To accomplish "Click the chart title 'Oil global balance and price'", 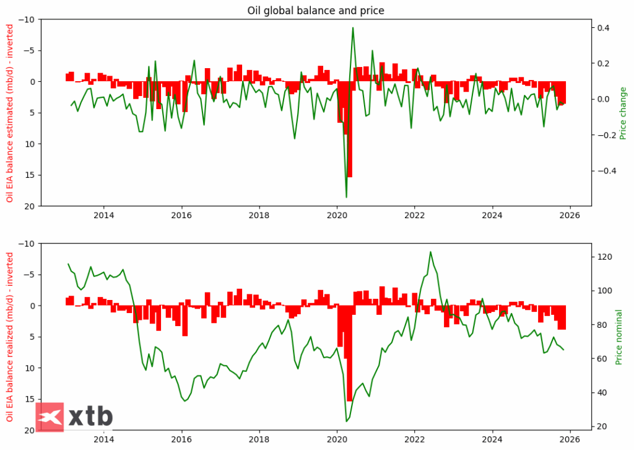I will [x=316, y=10].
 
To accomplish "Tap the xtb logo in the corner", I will [x=74, y=416].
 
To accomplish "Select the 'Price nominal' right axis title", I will [x=619, y=337].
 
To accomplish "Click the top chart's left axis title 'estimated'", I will [x=10, y=113].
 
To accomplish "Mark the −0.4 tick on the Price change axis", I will [x=604, y=170].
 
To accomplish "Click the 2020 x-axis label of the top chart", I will [x=337, y=216].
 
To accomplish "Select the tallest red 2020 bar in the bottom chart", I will [x=350, y=353].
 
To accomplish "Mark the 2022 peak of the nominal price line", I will [x=430, y=252].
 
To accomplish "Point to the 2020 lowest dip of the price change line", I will [x=346, y=197].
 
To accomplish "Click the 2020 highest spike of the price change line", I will [x=353, y=27].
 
